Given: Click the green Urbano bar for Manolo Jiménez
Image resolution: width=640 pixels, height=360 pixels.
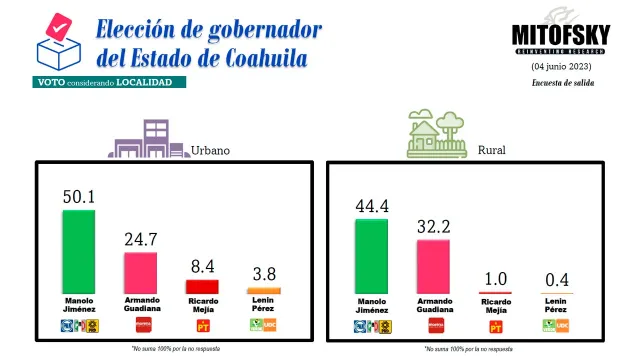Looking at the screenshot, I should pyautogui.click(x=79, y=252).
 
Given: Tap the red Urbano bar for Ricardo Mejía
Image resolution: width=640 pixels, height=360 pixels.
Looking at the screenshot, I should pyautogui.click(x=202, y=287).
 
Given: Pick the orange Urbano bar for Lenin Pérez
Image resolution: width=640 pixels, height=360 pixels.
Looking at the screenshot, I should pyautogui.click(x=264, y=291).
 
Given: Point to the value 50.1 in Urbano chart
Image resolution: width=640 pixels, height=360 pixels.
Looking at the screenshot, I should pyautogui.click(x=78, y=197).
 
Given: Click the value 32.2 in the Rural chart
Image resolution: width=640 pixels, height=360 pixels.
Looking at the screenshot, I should pyautogui.click(x=433, y=227).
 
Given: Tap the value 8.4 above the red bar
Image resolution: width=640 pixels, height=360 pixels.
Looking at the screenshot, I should pyautogui.click(x=202, y=267).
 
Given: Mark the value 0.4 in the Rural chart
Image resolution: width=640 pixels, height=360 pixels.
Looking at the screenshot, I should pyautogui.click(x=557, y=277).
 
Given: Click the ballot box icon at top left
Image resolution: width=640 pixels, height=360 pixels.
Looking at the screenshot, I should pyautogui.click(x=55, y=41).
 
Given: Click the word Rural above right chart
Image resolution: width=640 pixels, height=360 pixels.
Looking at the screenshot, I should pyautogui.click(x=491, y=150).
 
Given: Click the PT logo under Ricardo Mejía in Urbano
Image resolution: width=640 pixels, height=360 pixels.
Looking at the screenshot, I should pyautogui.click(x=202, y=325).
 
